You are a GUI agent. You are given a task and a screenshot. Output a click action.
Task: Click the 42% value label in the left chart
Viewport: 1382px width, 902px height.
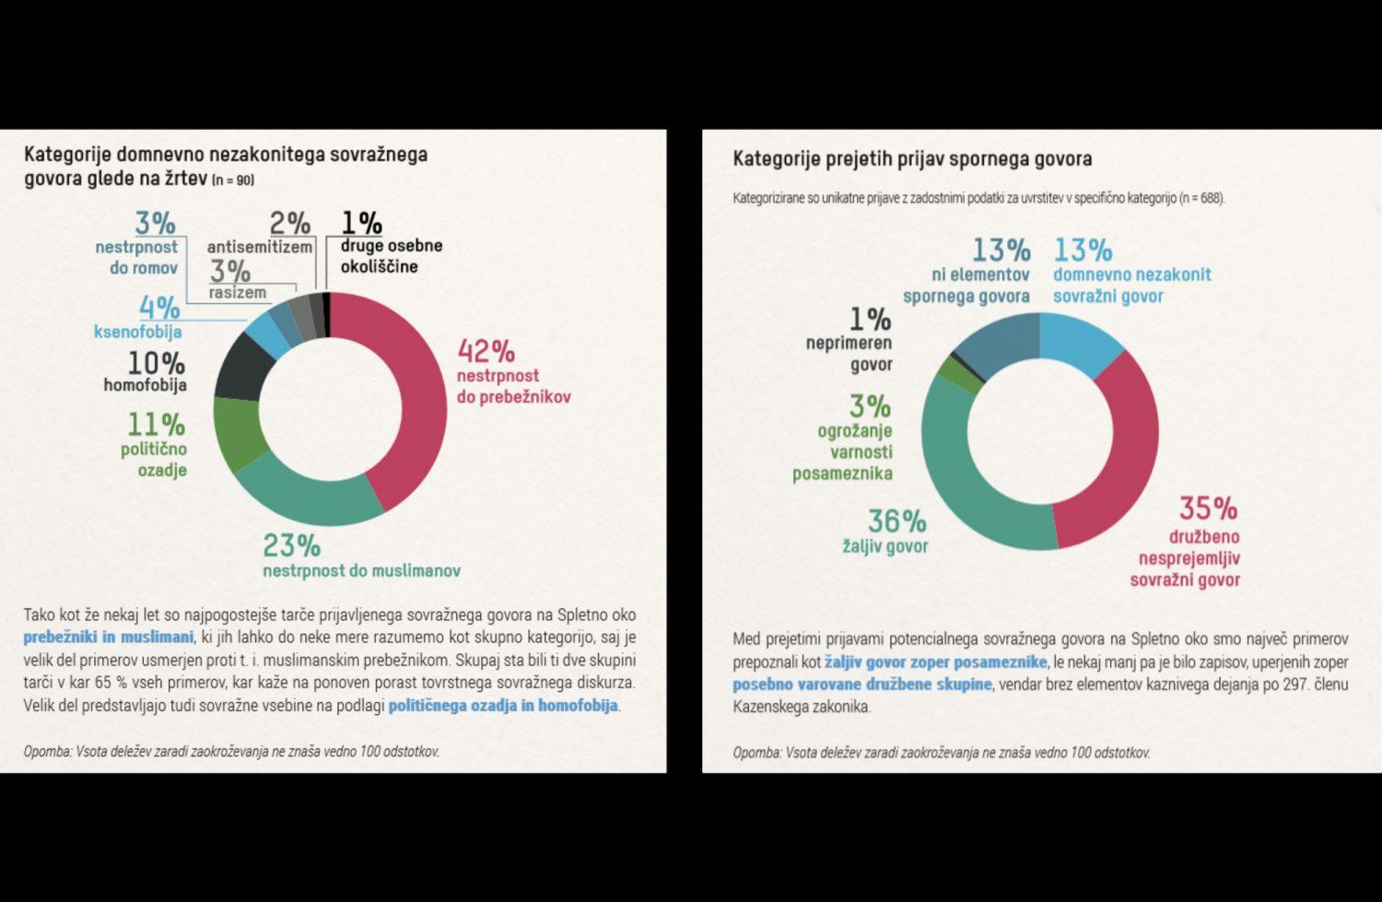point(486,351)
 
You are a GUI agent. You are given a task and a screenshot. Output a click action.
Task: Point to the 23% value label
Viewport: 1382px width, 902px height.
point(291,545)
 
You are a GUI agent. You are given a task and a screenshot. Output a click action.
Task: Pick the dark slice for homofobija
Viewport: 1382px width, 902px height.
point(242,364)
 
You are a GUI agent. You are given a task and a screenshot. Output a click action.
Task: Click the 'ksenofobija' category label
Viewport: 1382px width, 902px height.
point(137,332)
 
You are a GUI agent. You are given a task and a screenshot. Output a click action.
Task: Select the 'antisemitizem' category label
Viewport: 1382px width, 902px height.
point(260,247)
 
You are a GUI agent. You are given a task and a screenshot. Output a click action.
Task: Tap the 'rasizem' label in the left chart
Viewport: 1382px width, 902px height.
point(237,293)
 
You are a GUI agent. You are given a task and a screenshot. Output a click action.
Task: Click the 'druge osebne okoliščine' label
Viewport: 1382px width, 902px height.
point(391,256)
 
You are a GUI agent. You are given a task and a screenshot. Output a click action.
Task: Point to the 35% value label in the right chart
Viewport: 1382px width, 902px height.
point(1208,508)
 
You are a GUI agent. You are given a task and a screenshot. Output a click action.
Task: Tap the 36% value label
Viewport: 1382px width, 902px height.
point(896,521)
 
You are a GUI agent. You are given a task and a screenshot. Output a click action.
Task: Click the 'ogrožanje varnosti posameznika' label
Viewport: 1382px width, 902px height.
point(842,451)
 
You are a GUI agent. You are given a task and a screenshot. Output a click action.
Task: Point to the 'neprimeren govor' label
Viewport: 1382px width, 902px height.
point(849,354)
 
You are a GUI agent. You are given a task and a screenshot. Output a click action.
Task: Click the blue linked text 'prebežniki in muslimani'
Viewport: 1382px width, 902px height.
point(108,637)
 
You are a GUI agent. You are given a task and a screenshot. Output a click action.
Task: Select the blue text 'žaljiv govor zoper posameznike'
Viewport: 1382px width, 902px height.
point(935,662)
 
